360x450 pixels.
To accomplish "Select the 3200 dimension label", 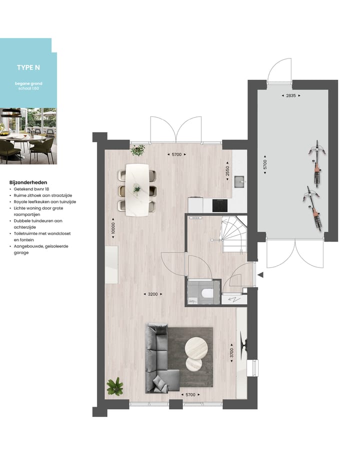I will pos(152,294).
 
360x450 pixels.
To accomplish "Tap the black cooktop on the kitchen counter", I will pos(220,205).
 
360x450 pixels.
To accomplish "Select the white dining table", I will pos(137,190).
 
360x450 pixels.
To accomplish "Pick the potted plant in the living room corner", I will pos(115,386).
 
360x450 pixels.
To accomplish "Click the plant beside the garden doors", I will pos(137,149).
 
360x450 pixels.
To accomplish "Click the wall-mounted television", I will pos(243,345).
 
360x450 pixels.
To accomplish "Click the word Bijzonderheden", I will pos(28,183).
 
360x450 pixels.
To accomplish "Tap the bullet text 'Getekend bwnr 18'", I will pos(33,190).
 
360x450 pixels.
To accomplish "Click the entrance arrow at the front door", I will pos(259,274).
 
